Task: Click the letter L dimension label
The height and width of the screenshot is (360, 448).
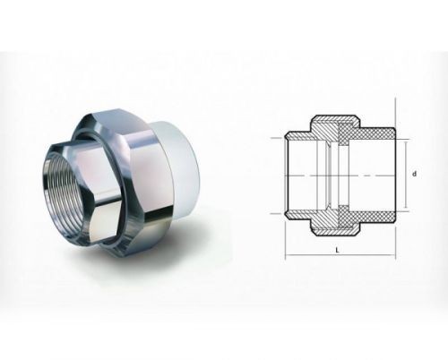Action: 338,250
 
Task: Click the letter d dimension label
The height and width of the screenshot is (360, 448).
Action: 414,174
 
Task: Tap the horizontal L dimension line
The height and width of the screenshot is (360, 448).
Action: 340,255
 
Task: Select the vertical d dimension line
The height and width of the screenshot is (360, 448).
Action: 406,175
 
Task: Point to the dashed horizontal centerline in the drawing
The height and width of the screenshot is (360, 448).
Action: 340,176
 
